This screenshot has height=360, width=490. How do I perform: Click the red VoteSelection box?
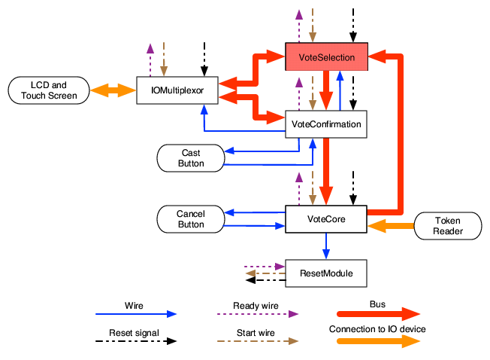click(x=325, y=57)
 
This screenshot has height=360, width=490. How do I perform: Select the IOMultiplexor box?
click(x=177, y=90)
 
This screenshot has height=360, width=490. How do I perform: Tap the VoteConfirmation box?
click(x=325, y=124)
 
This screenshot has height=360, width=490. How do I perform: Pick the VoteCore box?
click(x=325, y=219)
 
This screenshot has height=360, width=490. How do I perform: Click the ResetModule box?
click(x=325, y=272)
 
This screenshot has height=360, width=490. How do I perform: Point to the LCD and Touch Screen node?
click(x=48, y=90)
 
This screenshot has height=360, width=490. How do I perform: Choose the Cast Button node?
click(x=192, y=158)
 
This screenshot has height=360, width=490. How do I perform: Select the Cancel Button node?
click(x=190, y=219)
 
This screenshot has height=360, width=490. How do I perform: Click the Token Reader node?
click(x=447, y=226)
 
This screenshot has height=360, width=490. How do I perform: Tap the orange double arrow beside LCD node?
click(x=113, y=91)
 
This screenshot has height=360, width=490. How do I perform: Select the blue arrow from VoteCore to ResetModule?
click(x=325, y=246)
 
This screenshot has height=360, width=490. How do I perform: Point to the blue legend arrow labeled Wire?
click(x=135, y=313)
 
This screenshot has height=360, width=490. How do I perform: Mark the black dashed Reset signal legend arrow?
click(x=135, y=340)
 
